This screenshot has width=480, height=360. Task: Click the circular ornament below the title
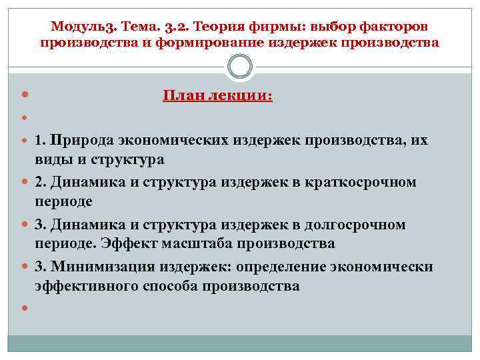[240, 67]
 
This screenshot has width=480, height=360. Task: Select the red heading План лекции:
[217, 95]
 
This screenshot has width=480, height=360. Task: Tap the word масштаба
[181, 243]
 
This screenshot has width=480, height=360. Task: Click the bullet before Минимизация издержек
[25, 267]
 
